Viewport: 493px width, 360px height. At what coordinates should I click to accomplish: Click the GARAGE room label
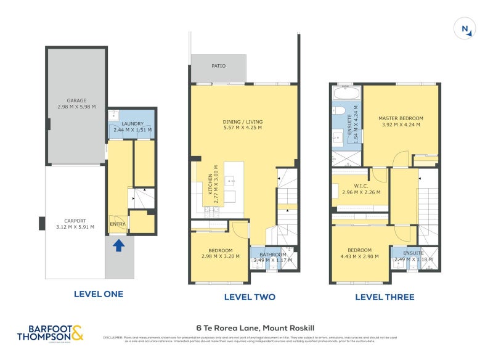pos(76,100)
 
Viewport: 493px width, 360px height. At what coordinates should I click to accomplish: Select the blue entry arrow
pos(118,246)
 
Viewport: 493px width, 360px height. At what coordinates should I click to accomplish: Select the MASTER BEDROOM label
pos(401,118)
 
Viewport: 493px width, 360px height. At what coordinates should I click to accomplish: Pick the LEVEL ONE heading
pos(98,294)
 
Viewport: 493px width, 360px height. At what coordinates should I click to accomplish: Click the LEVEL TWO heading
pos(250,297)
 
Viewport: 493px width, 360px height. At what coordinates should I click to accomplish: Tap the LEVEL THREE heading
pos(385,297)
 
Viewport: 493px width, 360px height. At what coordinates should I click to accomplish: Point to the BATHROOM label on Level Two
pos(272,254)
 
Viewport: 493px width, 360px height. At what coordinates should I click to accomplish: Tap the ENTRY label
pos(117,224)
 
